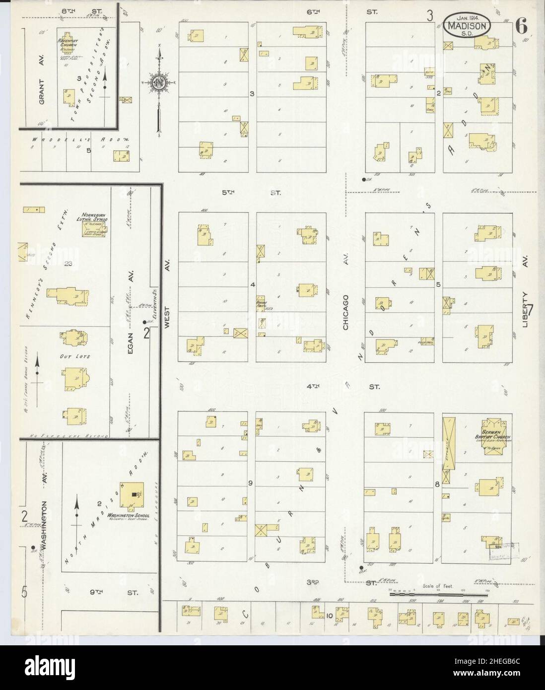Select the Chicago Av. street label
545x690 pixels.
coord(345,311)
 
